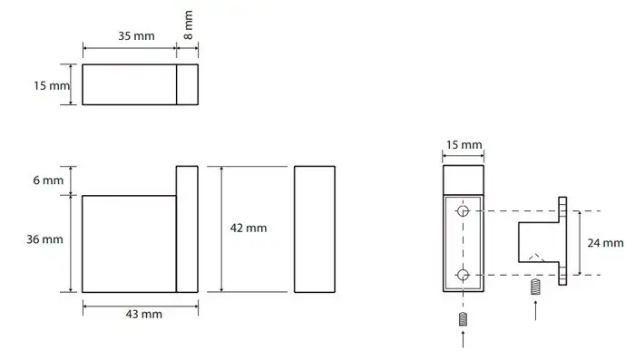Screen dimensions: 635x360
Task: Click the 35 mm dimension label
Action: (136, 36)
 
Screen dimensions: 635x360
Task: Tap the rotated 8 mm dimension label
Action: (189, 25)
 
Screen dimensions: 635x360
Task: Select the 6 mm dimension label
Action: (48, 180)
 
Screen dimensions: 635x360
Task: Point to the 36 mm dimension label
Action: (45, 239)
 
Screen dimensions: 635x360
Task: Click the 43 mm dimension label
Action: (143, 315)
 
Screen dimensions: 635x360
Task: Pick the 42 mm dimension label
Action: (249, 228)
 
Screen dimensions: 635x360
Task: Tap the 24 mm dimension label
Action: (605, 243)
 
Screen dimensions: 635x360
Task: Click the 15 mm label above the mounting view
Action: (464, 144)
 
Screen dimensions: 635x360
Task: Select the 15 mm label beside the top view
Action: (52, 86)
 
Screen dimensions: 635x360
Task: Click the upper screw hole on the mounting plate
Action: (463, 211)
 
